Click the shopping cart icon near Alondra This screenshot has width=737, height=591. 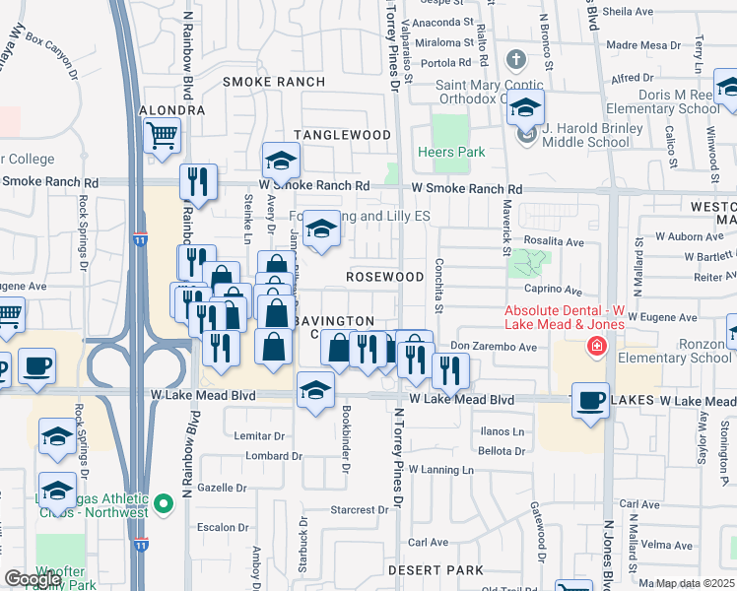[162, 135]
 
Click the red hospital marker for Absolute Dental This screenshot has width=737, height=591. [595, 346]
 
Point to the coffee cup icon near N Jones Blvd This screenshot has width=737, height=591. [590, 401]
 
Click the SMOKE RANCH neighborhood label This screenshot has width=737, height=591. [260, 82]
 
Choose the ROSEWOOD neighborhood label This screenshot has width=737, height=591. [384, 277]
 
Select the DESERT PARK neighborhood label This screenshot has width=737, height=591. [435, 570]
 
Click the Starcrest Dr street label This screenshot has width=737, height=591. [360, 510]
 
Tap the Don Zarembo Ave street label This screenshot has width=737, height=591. [493, 347]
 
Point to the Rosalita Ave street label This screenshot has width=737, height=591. [554, 241]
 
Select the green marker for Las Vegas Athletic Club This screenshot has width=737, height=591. [164, 508]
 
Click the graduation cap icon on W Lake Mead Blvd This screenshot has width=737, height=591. [315, 392]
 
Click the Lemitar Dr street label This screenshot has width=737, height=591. [260, 435]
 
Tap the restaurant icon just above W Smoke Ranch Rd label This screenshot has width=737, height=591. [198, 181]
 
